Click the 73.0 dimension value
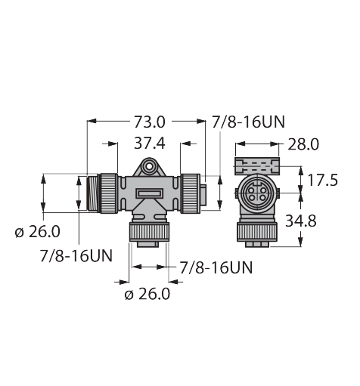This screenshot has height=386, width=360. click(x=149, y=122)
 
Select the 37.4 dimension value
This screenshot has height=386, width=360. click(x=149, y=144)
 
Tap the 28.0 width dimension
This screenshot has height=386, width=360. click(x=303, y=144)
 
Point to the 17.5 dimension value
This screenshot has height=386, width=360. click(x=323, y=181)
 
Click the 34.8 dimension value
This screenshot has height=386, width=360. click(x=301, y=221)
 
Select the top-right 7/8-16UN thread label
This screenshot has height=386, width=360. click(x=248, y=122)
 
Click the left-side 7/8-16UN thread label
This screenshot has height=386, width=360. click(x=76, y=256)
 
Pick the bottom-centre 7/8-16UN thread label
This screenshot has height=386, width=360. click(x=216, y=267)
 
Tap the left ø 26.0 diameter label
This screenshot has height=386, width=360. click(x=37, y=232)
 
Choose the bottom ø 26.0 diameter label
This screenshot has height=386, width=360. click(x=147, y=294)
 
